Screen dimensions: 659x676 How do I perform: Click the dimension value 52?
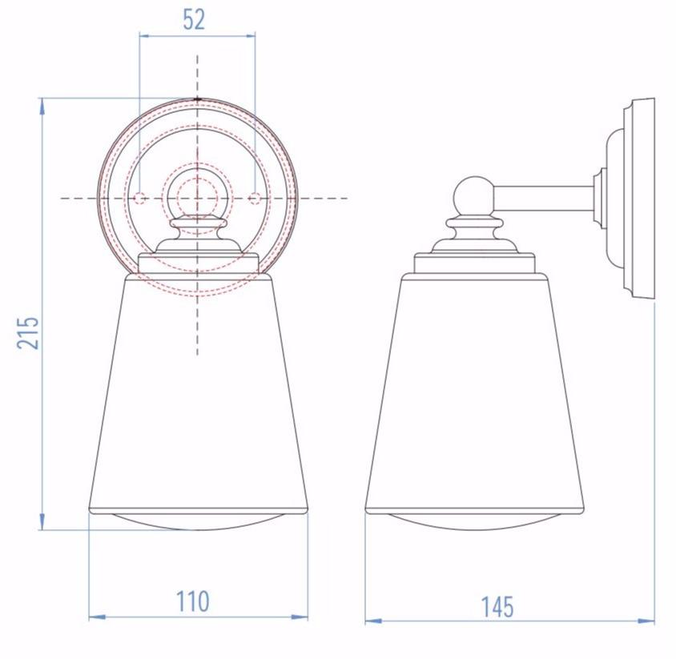pos(194,18)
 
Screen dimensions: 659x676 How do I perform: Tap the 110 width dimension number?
pos(192,601)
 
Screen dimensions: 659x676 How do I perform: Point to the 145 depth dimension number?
pos(497,607)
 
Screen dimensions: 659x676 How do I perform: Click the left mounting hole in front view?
pos(139,198)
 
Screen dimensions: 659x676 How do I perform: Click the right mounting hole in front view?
pos(255,198)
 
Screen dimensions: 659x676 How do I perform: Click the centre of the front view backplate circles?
pos(197,198)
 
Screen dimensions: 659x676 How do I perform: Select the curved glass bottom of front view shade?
pos(198,522)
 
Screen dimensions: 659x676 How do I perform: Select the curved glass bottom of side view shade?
pos(474,522)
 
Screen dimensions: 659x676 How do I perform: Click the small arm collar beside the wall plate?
pos(599,198)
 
